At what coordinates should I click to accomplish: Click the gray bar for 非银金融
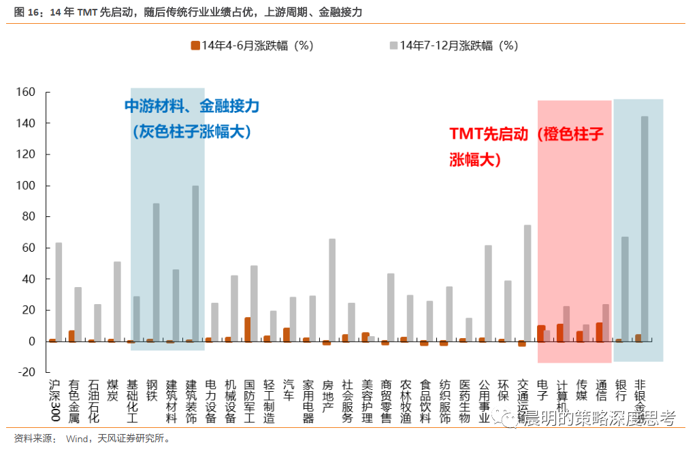(645, 229)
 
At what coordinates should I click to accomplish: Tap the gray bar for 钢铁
(156, 272)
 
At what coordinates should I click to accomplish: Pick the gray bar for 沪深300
(59, 292)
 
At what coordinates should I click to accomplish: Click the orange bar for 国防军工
(247, 329)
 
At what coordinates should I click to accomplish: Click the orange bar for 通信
(599, 332)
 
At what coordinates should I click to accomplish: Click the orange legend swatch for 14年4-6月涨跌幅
(195, 46)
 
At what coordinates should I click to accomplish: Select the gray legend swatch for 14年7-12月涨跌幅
(393, 46)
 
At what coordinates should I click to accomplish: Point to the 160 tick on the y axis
(34, 92)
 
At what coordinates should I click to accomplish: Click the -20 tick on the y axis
(34, 372)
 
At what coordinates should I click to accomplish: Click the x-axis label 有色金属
(74, 402)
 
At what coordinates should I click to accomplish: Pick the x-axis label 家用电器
(308, 402)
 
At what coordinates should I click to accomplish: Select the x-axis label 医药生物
(465, 402)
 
